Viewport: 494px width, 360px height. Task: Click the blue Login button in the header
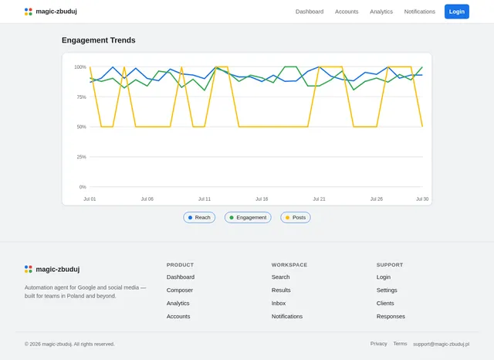[x=456, y=12]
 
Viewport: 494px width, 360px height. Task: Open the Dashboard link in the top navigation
[x=310, y=12]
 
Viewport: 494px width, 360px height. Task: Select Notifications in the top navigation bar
[x=420, y=12]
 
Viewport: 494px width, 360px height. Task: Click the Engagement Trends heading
[x=99, y=40]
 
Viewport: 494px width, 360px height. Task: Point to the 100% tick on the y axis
[x=80, y=67]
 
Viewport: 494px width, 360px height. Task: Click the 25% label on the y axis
[x=81, y=157]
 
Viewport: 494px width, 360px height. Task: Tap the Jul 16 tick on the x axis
[x=262, y=199]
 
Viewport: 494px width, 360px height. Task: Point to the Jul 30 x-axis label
[x=422, y=199]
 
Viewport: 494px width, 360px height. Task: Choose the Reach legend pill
[x=199, y=218]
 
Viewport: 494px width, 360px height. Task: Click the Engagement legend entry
[x=248, y=218]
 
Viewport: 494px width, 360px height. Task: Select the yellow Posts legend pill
[x=296, y=218]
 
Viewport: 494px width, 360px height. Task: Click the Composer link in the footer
[x=180, y=290]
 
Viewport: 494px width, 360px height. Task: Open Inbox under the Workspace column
[x=279, y=304]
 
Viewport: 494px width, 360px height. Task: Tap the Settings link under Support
[x=387, y=290]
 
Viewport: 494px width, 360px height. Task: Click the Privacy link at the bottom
[x=379, y=344]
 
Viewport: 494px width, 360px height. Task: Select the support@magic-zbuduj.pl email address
[x=441, y=344]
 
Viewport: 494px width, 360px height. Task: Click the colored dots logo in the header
[x=29, y=12]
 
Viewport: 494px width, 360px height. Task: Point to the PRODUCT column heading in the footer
[x=180, y=265]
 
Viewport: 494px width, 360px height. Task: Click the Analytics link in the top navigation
[x=381, y=12]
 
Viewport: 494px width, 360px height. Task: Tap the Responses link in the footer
[x=391, y=316]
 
